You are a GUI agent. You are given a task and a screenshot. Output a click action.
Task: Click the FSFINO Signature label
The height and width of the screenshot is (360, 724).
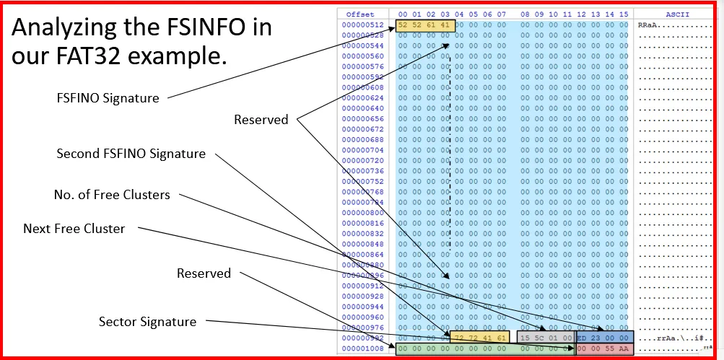(108, 98)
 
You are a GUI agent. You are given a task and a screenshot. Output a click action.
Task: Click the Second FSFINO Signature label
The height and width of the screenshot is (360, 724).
(131, 154)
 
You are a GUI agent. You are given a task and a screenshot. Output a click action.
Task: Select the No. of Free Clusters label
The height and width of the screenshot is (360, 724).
(112, 195)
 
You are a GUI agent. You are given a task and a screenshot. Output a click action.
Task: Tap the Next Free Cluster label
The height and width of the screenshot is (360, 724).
(74, 229)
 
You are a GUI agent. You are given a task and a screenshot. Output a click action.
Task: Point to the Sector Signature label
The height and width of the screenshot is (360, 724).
(147, 321)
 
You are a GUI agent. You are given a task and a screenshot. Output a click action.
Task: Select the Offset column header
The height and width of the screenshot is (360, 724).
(360, 14)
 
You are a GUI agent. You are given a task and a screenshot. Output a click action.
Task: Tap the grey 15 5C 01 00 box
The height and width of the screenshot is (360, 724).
(545, 337)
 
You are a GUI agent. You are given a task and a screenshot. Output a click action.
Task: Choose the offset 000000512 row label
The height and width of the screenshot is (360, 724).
(363, 25)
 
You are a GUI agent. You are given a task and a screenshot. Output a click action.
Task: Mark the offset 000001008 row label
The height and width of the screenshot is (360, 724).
(363, 349)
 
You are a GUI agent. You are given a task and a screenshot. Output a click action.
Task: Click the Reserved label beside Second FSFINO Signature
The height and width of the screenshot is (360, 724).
(261, 120)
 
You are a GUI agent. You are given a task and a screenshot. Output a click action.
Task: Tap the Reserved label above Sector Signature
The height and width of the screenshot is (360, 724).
(204, 273)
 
